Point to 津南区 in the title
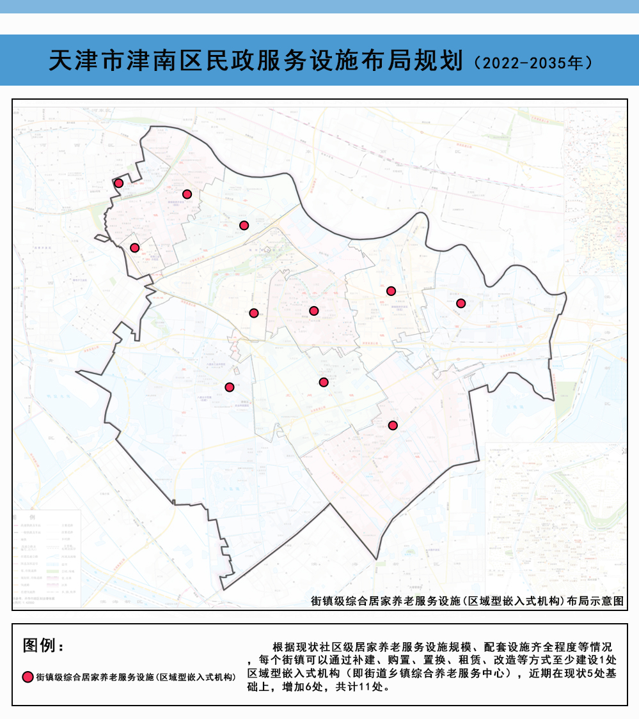pyautogui.click(x=166, y=61)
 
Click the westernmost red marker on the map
pyautogui.click(x=118, y=183)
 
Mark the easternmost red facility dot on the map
pyautogui.click(x=461, y=303)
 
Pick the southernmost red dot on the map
pyautogui.click(x=393, y=425)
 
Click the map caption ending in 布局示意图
pyautogui.click(x=466, y=601)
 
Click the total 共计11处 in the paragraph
pyautogui.click(x=361, y=688)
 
